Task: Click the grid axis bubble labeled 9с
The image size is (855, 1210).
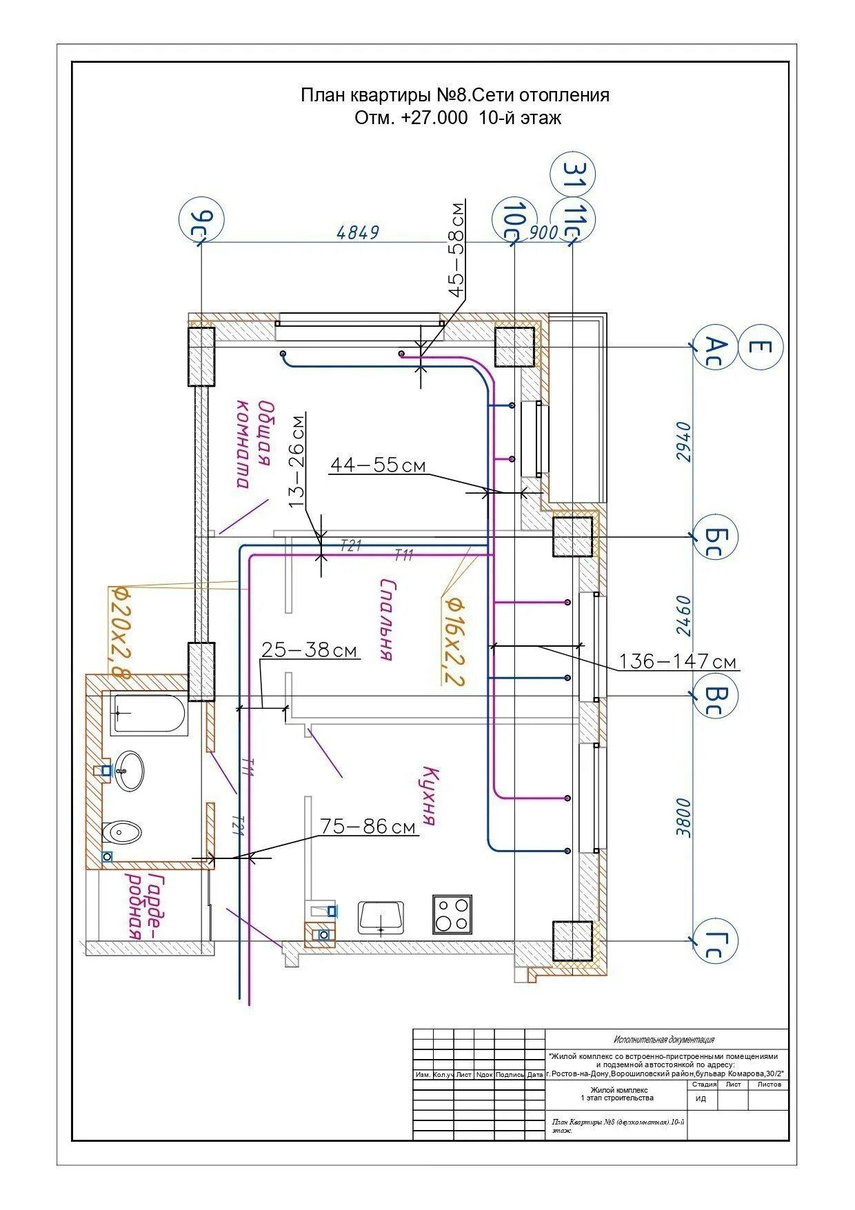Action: pos(201,220)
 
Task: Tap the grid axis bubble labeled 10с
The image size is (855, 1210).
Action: pos(514,219)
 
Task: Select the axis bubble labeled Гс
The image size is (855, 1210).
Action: pos(715,940)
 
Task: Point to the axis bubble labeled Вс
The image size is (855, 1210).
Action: pos(716,696)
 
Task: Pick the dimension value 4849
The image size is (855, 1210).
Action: pos(358,232)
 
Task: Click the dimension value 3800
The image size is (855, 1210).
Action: pos(683,817)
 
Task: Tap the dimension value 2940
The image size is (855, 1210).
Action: pos(683,442)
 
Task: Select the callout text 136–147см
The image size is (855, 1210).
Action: pos(678,662)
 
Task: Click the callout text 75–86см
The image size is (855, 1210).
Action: pos(368,826)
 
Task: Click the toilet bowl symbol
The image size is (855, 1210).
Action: pos(122,833)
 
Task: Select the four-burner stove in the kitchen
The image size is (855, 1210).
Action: pos(452,914)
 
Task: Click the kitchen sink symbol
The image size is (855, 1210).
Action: pos(381,916)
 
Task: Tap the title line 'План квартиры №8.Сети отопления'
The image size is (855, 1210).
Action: pos(455,94)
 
